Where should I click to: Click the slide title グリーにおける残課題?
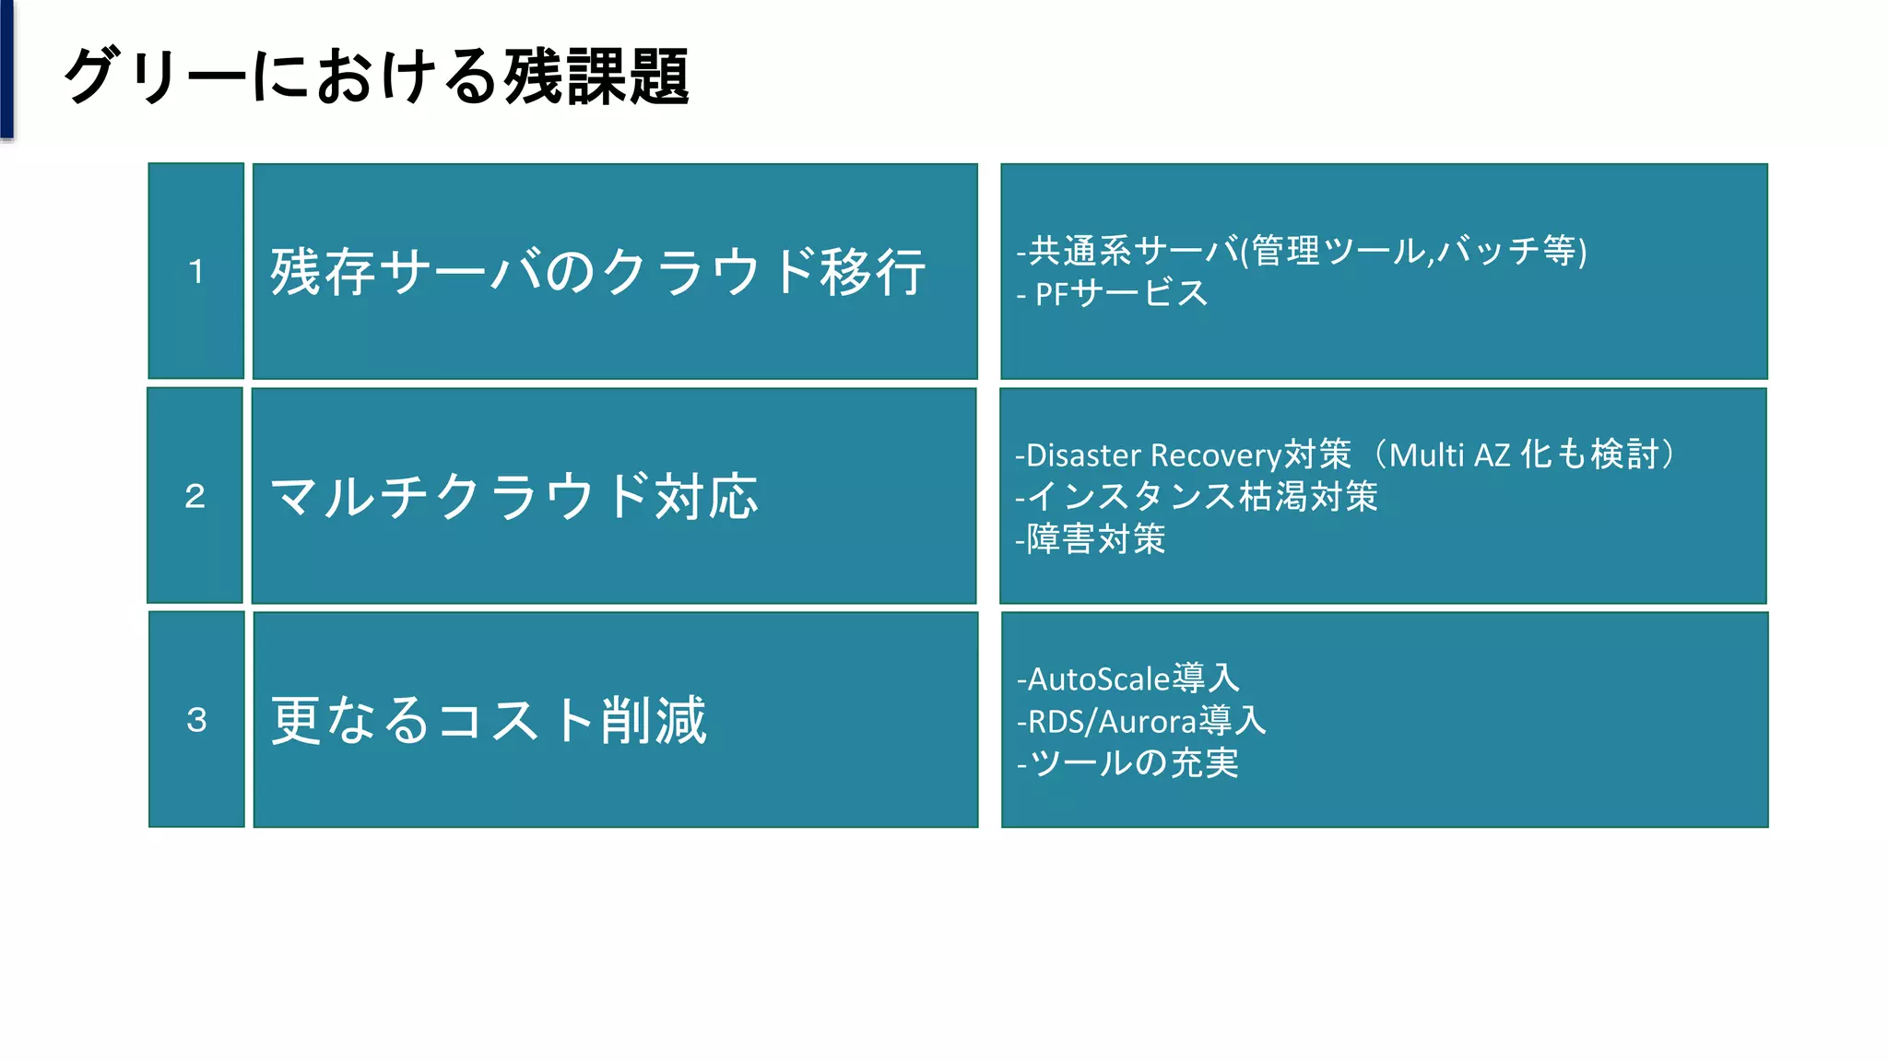point(376,77)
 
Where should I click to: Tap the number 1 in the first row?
point(195,272)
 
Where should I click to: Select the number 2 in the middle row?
point(195,496)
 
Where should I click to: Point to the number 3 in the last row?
point(196,720)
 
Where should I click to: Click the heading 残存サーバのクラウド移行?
point(597,272)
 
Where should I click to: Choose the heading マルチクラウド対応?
point(513,497)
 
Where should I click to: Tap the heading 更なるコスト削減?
point(489,720)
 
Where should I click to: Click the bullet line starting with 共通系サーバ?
point(1301,251)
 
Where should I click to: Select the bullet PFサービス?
point(1119,294)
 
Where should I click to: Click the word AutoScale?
point(1098,679)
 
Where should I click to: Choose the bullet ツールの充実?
point(1133,763)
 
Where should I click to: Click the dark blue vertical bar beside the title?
point(6,69)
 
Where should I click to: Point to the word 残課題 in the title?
point(596,77)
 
